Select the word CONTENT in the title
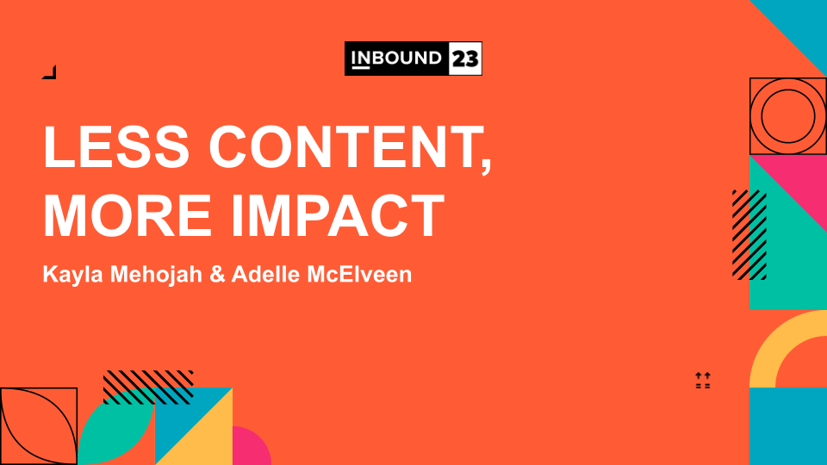tap(351, 149)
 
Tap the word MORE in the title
tap(127, 216)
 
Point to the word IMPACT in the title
tap(338, 216)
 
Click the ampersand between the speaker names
tap(217, 275)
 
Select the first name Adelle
tap(266, 274)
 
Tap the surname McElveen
tap(359, 274)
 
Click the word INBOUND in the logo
tap(396, 58)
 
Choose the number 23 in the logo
tap(465, 59)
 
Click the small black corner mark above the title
tap(49, 72)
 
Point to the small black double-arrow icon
tap(703, 380)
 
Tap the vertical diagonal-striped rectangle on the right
tap(749, 234)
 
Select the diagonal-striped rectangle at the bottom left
tap(148, 387)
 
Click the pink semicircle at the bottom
tap(250, 445)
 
